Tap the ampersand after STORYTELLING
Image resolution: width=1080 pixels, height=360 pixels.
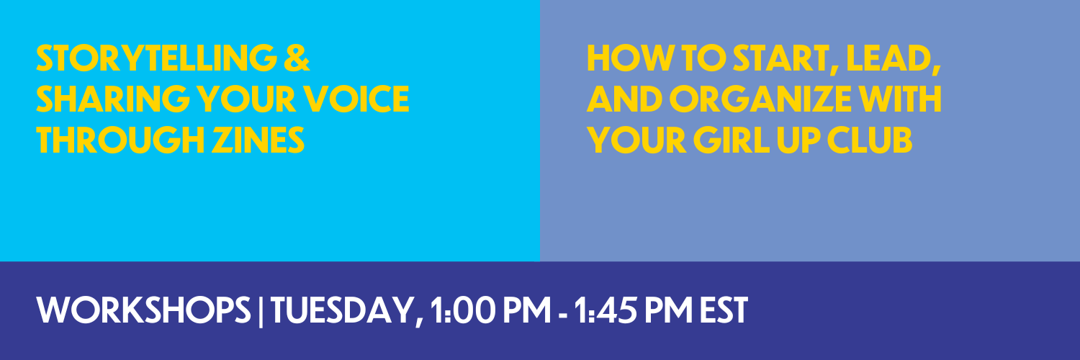click(297, 58)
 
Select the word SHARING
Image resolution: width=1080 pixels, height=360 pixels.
click(113, 99)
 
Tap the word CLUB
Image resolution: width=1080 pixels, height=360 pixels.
click(869, 140)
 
